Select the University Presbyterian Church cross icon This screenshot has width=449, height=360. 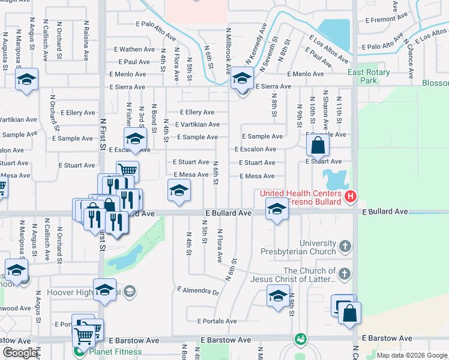(345, 247)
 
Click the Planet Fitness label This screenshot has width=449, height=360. (115, 352)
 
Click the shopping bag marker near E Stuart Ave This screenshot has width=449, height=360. (318, 145)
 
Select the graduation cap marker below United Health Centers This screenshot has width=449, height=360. (276, 209)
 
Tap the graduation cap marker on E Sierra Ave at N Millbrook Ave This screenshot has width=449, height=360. (243, 78)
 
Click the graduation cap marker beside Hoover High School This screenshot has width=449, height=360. (105, 289)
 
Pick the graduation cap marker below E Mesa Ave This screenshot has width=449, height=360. (178, 191)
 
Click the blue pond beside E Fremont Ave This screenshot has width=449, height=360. (334, 33)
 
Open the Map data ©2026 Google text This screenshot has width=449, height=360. (411, 355)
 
